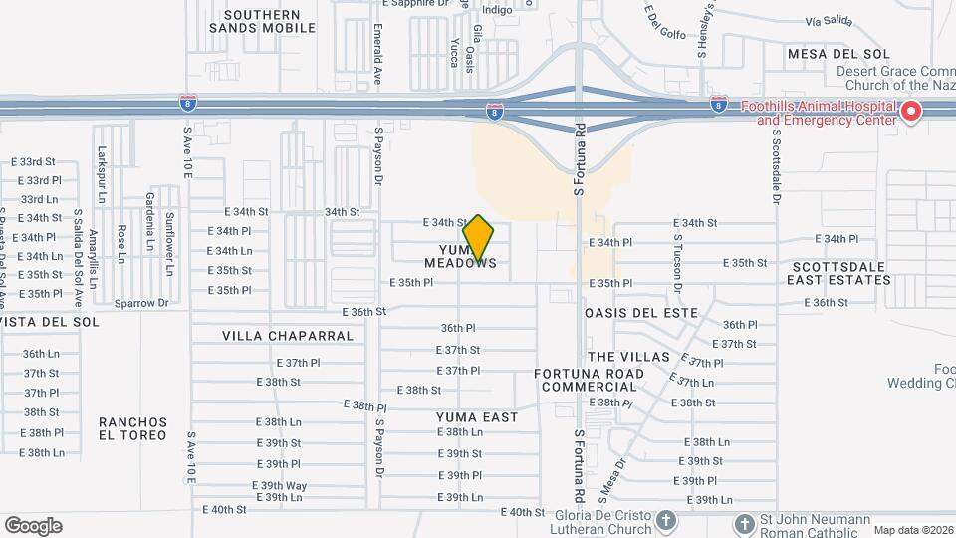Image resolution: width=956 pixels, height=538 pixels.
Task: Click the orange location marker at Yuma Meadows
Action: (479, 237)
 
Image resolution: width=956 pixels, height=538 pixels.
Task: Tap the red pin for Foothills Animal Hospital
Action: (911, 113)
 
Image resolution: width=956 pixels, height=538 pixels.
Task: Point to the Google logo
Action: (33, 526)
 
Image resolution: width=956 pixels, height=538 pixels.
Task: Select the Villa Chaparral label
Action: (288, 336)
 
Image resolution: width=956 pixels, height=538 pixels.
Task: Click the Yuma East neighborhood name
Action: (478, 417)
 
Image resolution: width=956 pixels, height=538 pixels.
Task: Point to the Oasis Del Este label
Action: (641, 314)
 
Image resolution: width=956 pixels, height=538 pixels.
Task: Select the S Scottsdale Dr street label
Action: (774, 164)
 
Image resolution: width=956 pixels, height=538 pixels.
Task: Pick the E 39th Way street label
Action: (281, 485)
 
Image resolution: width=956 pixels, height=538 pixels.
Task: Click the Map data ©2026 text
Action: (912, 530)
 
